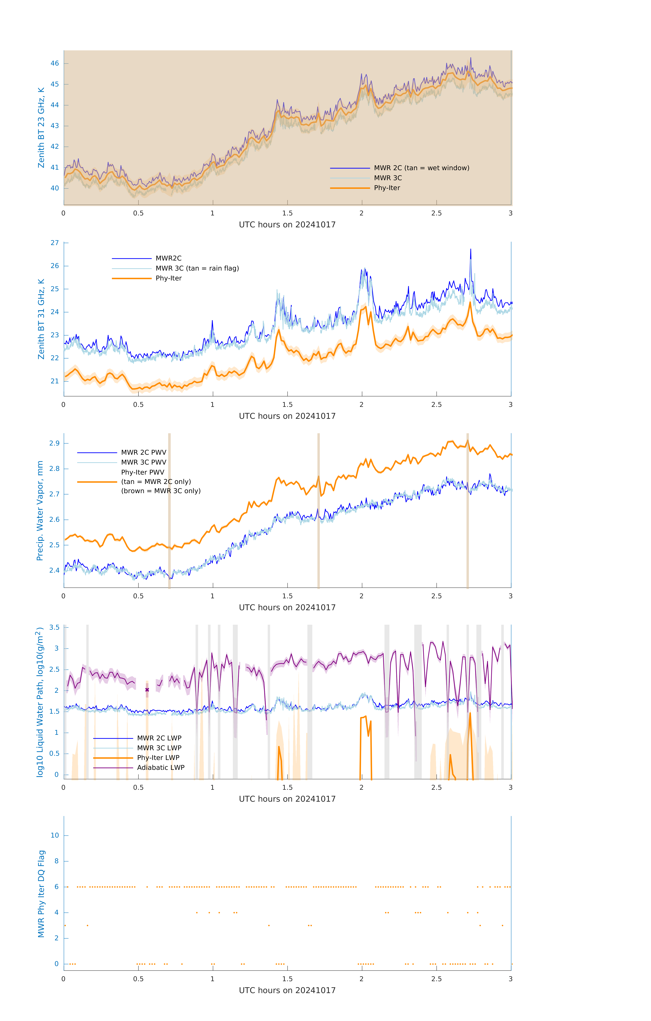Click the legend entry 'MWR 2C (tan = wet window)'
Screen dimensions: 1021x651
[421, 168]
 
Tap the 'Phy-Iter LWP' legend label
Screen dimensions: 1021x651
[158, 758]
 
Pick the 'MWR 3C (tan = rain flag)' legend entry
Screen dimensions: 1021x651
[197, 268]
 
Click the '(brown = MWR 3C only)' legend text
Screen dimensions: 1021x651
[161, 491]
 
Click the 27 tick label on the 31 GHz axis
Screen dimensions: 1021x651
[55, 243]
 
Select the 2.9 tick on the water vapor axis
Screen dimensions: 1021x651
[54, 443]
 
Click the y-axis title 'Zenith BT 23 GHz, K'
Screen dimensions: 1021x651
[41, 128]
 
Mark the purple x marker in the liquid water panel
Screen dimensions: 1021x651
[147, 690]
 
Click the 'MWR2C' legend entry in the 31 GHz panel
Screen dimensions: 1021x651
[168, 258]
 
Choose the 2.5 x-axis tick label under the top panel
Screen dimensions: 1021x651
[436, 213]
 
